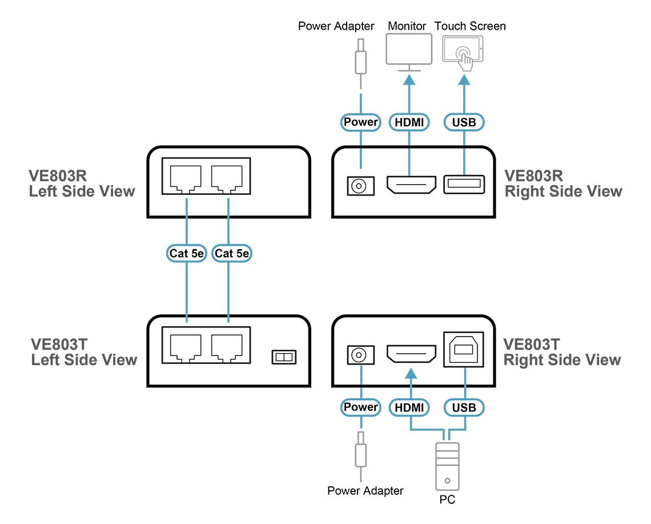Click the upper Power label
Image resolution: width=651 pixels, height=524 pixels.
(x=360, y=122)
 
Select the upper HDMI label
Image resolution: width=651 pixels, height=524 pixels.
(x=409, y=122)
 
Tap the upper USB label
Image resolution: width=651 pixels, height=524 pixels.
(x=464, y=122)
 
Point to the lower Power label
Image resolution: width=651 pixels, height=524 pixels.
(x=360, y=407)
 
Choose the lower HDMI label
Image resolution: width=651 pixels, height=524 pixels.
(x=409, y=407)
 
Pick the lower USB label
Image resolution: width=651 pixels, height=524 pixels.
(x=464, y=407)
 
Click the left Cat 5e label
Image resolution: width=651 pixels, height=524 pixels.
(x=187, y=253)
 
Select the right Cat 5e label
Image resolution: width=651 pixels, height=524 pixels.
(x=231, y=253)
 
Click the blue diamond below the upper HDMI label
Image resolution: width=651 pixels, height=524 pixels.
(x=409, y=162)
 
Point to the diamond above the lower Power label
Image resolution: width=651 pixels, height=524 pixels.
(x=360, y=375)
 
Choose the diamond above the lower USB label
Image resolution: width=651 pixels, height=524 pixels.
(x=464, y=375)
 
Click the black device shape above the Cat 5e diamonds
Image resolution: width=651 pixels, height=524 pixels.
(x=214, y=177)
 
